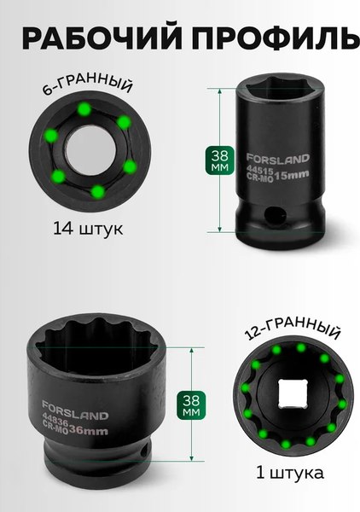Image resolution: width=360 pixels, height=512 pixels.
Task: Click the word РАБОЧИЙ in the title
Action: [100, 38]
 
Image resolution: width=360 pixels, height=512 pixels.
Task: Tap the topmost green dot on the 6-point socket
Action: [84, 109]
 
